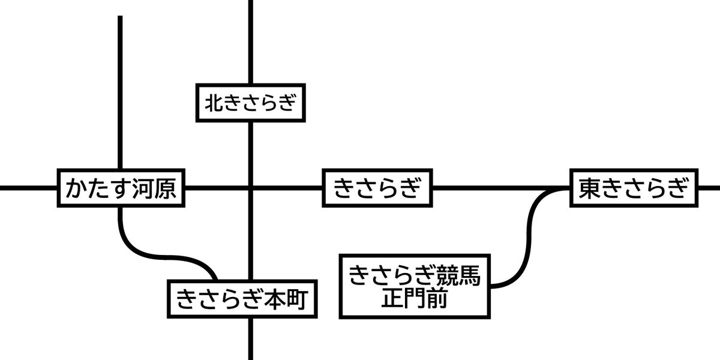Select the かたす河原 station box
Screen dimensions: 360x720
(x=120, y=188)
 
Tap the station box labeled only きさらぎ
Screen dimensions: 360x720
(x=377, y=188)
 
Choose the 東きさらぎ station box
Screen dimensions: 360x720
(x=634, y=188)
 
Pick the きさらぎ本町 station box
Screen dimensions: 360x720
(x=242, y=299)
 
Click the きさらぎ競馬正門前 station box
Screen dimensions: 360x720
(x=415, y=286)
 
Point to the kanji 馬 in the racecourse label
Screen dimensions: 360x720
(x=468, y=277)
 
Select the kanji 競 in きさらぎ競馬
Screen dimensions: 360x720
(x=445, y=277)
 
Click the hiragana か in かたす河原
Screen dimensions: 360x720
(x=76, y=188)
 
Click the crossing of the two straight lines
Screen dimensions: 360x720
(x=250, y=188)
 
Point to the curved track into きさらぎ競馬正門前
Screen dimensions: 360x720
(x=528, y=240)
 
